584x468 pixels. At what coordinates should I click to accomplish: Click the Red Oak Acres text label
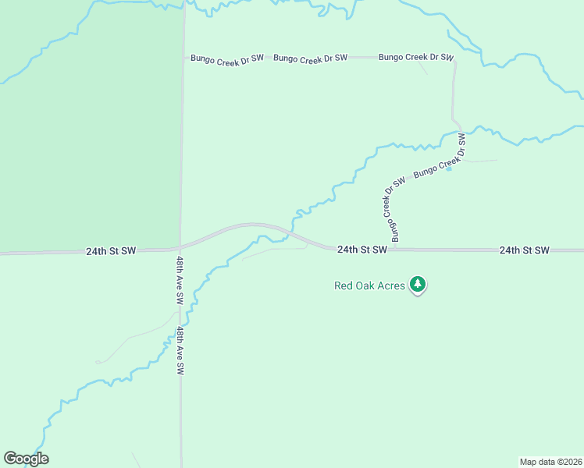[x=369, y=285]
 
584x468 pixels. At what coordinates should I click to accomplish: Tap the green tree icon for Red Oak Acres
[x=418, y=285]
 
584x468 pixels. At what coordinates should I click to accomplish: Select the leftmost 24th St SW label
[x=111, y=251]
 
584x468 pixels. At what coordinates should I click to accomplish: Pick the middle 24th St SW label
[x=362, y=250]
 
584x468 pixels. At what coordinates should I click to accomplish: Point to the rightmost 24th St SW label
[x=525, y=250]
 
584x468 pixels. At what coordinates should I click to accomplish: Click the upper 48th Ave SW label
[x=180, y=280]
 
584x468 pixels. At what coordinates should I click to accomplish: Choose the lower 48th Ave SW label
[x=180, y=351]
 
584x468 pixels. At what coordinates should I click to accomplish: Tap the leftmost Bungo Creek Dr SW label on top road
[x=227, y=58]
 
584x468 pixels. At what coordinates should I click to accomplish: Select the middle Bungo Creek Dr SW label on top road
[x=310, y=58]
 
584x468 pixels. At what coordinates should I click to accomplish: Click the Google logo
[x=26, y=459]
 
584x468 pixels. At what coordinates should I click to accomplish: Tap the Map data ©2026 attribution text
[x=550, y=461]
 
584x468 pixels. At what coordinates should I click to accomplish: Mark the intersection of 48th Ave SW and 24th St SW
[x=180, y=249]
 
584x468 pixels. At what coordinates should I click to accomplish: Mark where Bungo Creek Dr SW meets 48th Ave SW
[x=184, y=58]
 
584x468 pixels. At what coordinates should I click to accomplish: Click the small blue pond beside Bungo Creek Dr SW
[x=448, y=168]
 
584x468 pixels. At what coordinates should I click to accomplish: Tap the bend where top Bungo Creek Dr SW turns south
[x=454, y=59]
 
